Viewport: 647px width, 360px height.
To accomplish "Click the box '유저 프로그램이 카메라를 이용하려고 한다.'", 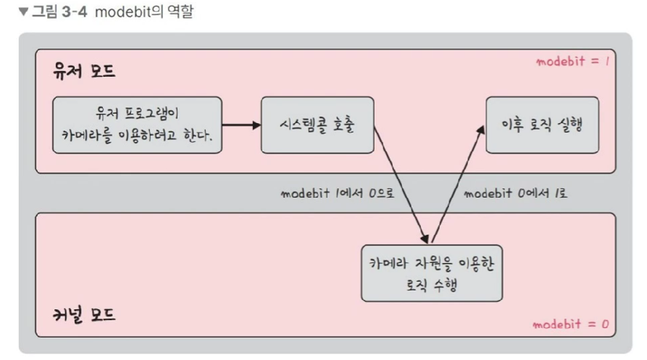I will (x=137, y=125).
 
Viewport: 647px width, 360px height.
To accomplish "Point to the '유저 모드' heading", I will (x=84, y=72).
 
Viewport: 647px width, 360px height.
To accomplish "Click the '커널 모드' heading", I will (x=84, y=315).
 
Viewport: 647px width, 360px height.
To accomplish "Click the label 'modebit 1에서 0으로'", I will (x=335, y=193).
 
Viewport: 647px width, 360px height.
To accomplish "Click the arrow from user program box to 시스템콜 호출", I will (x=241, y=125).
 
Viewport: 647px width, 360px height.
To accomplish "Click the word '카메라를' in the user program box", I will (x=96, y=135).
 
